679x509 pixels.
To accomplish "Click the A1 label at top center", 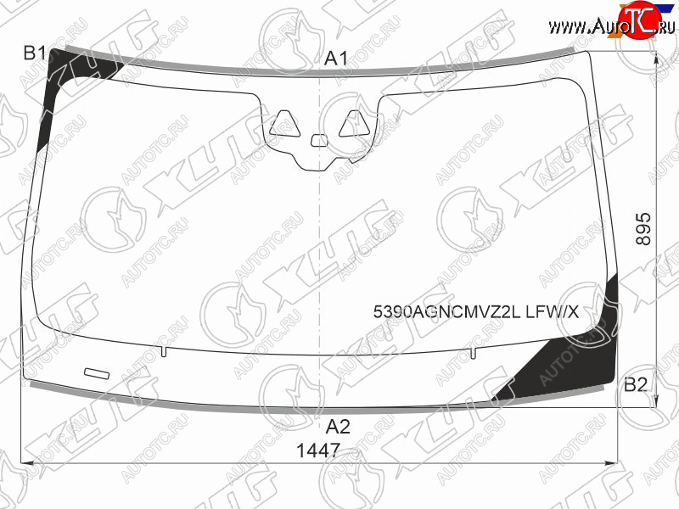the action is [336, 59].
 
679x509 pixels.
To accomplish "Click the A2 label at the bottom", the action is [338, 427].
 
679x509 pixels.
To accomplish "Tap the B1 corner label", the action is [34, 53].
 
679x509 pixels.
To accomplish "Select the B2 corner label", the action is [635, 384].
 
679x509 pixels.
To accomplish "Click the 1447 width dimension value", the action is [318, 450].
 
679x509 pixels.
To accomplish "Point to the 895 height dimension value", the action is [643, 228].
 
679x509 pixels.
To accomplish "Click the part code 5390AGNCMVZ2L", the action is [447, 311].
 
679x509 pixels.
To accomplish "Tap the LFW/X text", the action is [553, 311].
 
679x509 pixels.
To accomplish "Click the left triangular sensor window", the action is [284, 124].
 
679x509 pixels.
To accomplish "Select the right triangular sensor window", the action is [354, 124].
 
